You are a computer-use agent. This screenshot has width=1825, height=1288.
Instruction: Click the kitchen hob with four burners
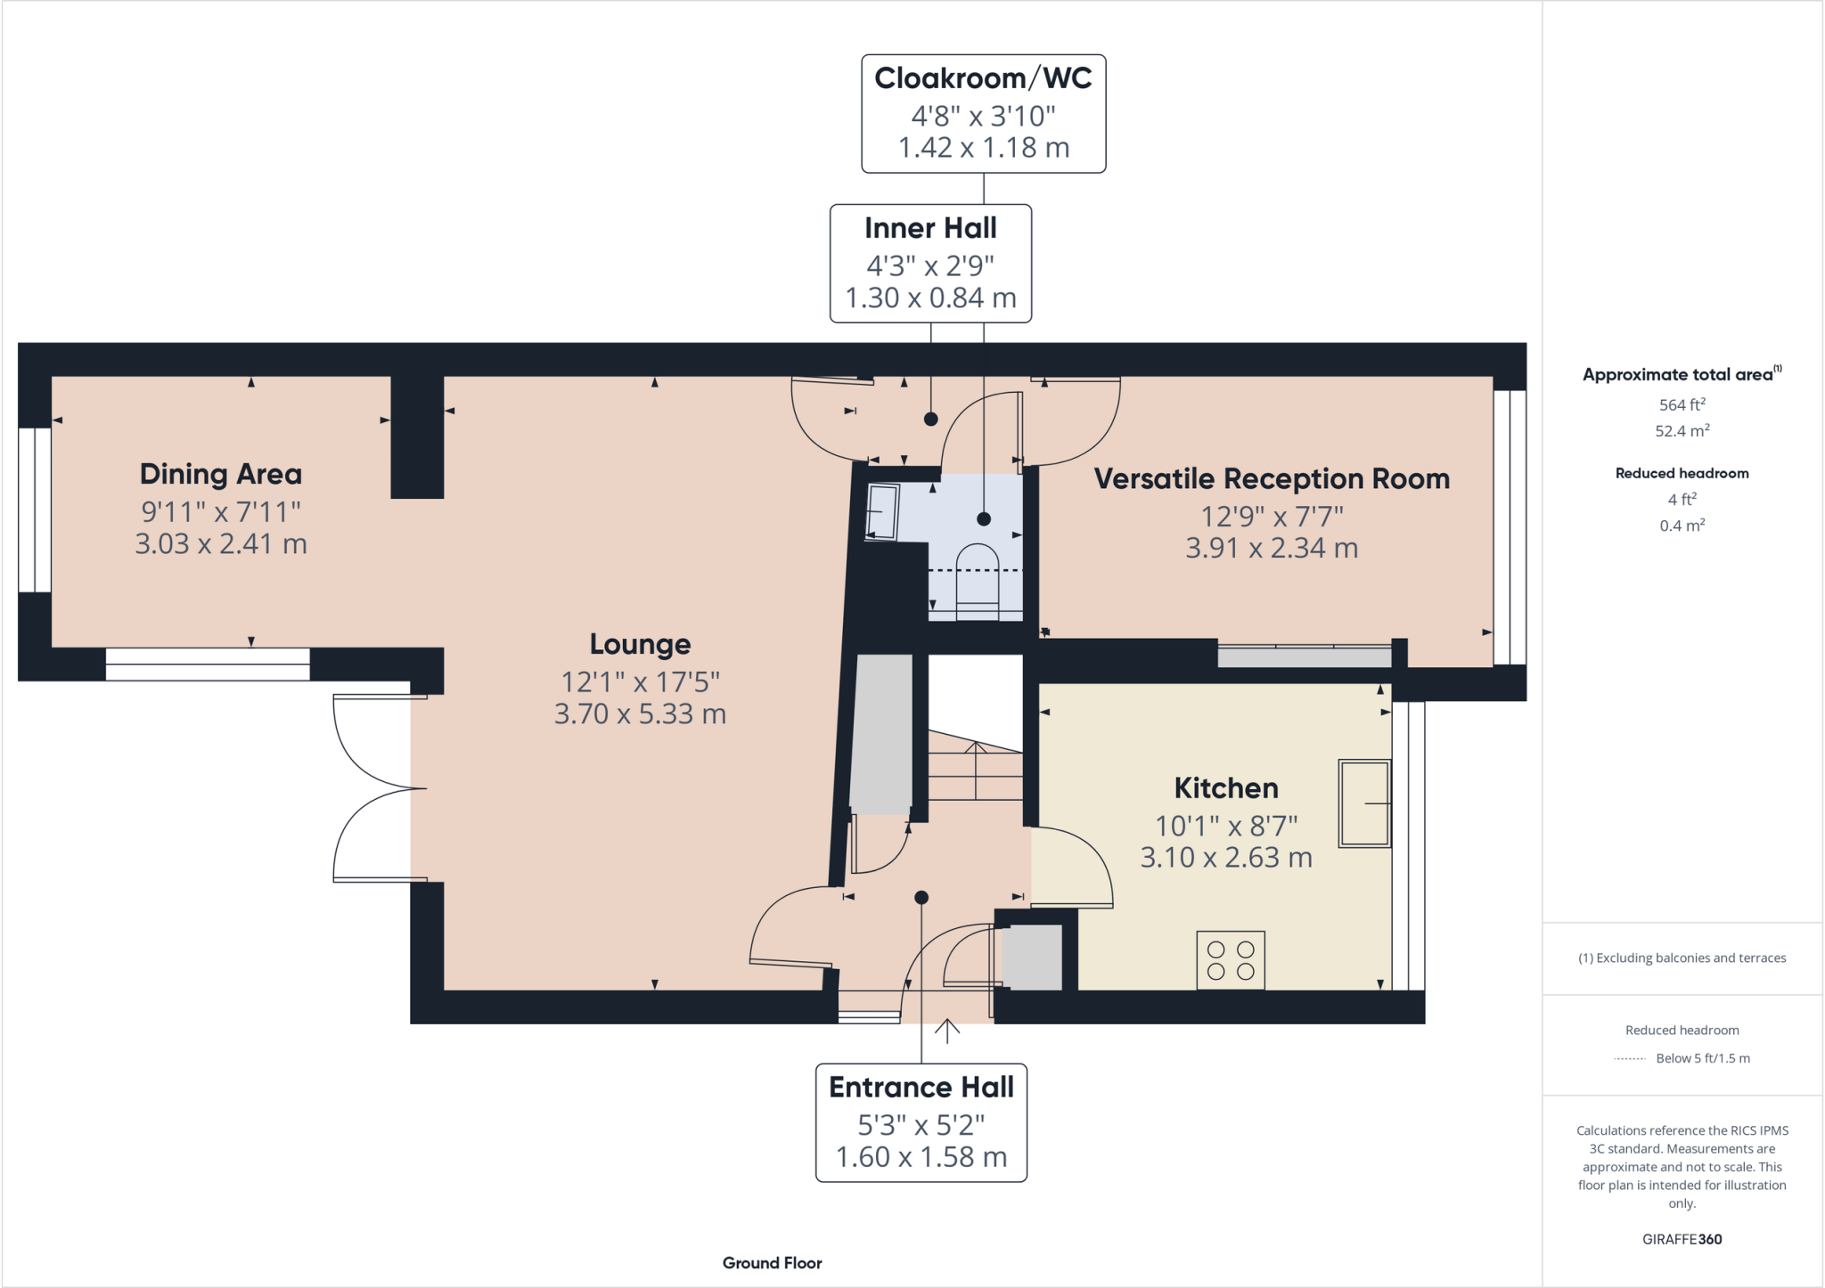(1231, 960)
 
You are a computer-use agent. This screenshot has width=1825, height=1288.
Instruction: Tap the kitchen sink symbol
(1363, 803)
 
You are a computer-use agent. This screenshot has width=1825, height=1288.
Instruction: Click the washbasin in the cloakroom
(883, 512)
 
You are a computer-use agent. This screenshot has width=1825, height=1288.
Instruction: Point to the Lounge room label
(640, 644)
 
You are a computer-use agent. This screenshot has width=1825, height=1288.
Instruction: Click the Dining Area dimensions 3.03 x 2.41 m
(221, 543)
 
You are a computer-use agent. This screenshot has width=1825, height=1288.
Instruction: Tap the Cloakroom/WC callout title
(983, 78)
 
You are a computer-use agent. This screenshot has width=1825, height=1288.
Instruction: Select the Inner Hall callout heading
(930, 228)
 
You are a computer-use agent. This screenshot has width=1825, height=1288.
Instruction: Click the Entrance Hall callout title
(921, 1088)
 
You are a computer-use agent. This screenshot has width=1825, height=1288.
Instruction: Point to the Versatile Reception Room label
(1272, 479)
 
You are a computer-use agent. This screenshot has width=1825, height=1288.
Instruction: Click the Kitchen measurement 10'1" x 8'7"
(1226, 826)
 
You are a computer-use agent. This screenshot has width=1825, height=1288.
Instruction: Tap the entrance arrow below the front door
(947, 1031)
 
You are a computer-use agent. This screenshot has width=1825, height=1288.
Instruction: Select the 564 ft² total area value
(1682, 404)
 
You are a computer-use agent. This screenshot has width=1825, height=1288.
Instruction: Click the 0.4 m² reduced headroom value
(1682, 526)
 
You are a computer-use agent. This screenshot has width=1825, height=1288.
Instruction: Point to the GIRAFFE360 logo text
(1682, 1239)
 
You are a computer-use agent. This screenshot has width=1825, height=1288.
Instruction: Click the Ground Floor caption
(772, 1263)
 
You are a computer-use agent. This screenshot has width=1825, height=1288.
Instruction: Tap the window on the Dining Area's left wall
(35, 509)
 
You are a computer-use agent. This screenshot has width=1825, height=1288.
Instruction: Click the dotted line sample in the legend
(1630, 1059)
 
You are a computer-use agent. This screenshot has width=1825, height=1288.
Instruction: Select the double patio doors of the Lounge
(374, 789)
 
